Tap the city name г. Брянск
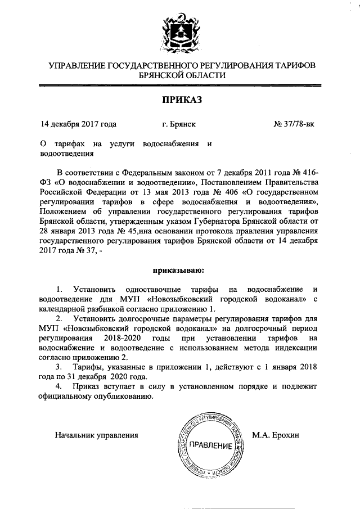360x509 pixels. tap(178, 124)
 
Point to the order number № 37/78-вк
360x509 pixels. tap(294, 124)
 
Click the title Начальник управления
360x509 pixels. tap(96, 435)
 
